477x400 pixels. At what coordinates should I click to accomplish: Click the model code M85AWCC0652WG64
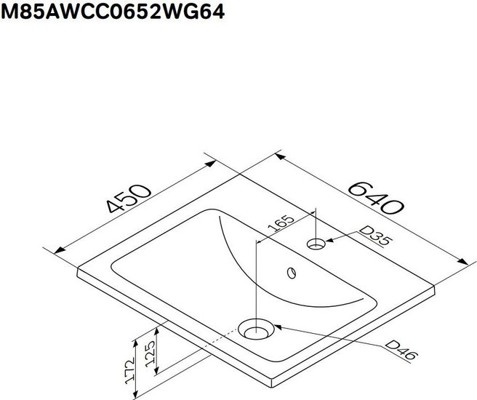[113, 12]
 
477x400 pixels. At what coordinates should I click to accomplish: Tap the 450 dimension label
[129, 199]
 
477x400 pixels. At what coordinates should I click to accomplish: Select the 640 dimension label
[376, 198]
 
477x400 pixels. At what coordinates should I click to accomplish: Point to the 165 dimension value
[281, 224]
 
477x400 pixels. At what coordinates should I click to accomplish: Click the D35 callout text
[374, 236]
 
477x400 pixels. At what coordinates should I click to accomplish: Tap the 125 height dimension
[151, 353]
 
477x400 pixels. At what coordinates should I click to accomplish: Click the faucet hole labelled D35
[316, 244]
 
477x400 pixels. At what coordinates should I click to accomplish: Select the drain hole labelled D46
[256, 329]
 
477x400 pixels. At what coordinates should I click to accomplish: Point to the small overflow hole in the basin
[292, 273]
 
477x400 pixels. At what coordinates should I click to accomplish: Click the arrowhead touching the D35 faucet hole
[330, 240]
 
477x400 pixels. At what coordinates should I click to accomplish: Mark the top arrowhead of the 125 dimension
[156, 332]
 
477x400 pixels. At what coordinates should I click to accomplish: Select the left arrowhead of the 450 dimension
[60, 250]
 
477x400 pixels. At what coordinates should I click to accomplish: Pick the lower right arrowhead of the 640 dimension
[462, 261]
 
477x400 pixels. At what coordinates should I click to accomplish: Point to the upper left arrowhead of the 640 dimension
[280, 156]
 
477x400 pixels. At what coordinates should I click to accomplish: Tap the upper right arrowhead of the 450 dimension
[210, 164]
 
